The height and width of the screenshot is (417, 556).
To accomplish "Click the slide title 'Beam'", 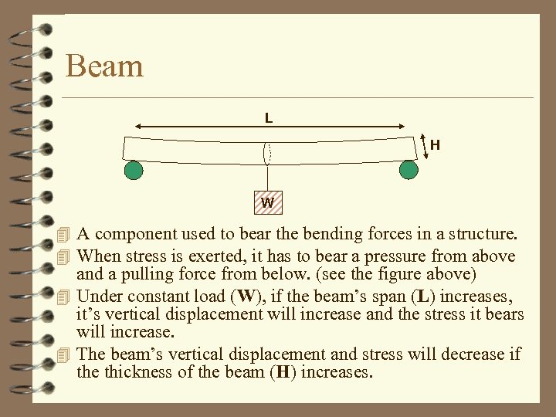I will pos(104,66).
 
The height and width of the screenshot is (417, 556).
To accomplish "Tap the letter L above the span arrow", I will pos(268,118).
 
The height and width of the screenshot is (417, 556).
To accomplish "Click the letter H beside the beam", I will pos(436,144).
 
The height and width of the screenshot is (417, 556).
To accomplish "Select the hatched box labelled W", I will pos(267,203).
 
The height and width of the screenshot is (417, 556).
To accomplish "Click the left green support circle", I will pos(134,170).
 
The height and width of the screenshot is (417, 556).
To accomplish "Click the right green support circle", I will pos(409,170).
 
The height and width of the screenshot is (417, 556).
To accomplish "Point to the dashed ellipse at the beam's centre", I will pos(267,151).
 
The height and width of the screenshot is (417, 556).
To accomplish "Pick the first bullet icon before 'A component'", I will pos(64,235).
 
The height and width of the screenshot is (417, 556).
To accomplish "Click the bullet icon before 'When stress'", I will pos(64,256).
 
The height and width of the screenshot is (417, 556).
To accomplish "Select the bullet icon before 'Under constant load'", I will pos(64,296).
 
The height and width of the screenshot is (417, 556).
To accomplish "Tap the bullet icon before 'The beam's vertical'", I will pos(64,355).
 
